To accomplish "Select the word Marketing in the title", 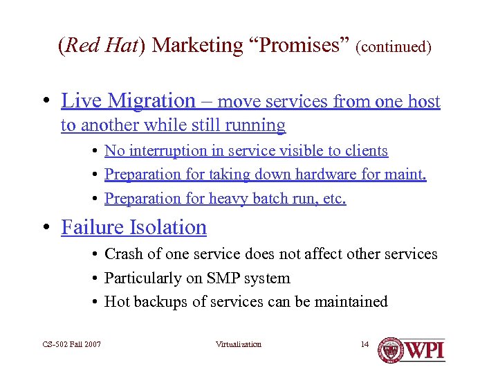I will tap(196, 46).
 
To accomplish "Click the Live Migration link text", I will tap(128, 101).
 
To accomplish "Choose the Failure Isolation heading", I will tap(133, 227).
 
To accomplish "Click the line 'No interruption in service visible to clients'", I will tap(246, 150).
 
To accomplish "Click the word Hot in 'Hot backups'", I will tap(116, 301).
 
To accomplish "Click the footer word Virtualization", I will tap(239, 344).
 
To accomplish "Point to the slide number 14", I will tap(365, 344).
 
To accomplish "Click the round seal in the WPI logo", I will tap(391, 350).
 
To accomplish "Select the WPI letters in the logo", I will tap(425, 350).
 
